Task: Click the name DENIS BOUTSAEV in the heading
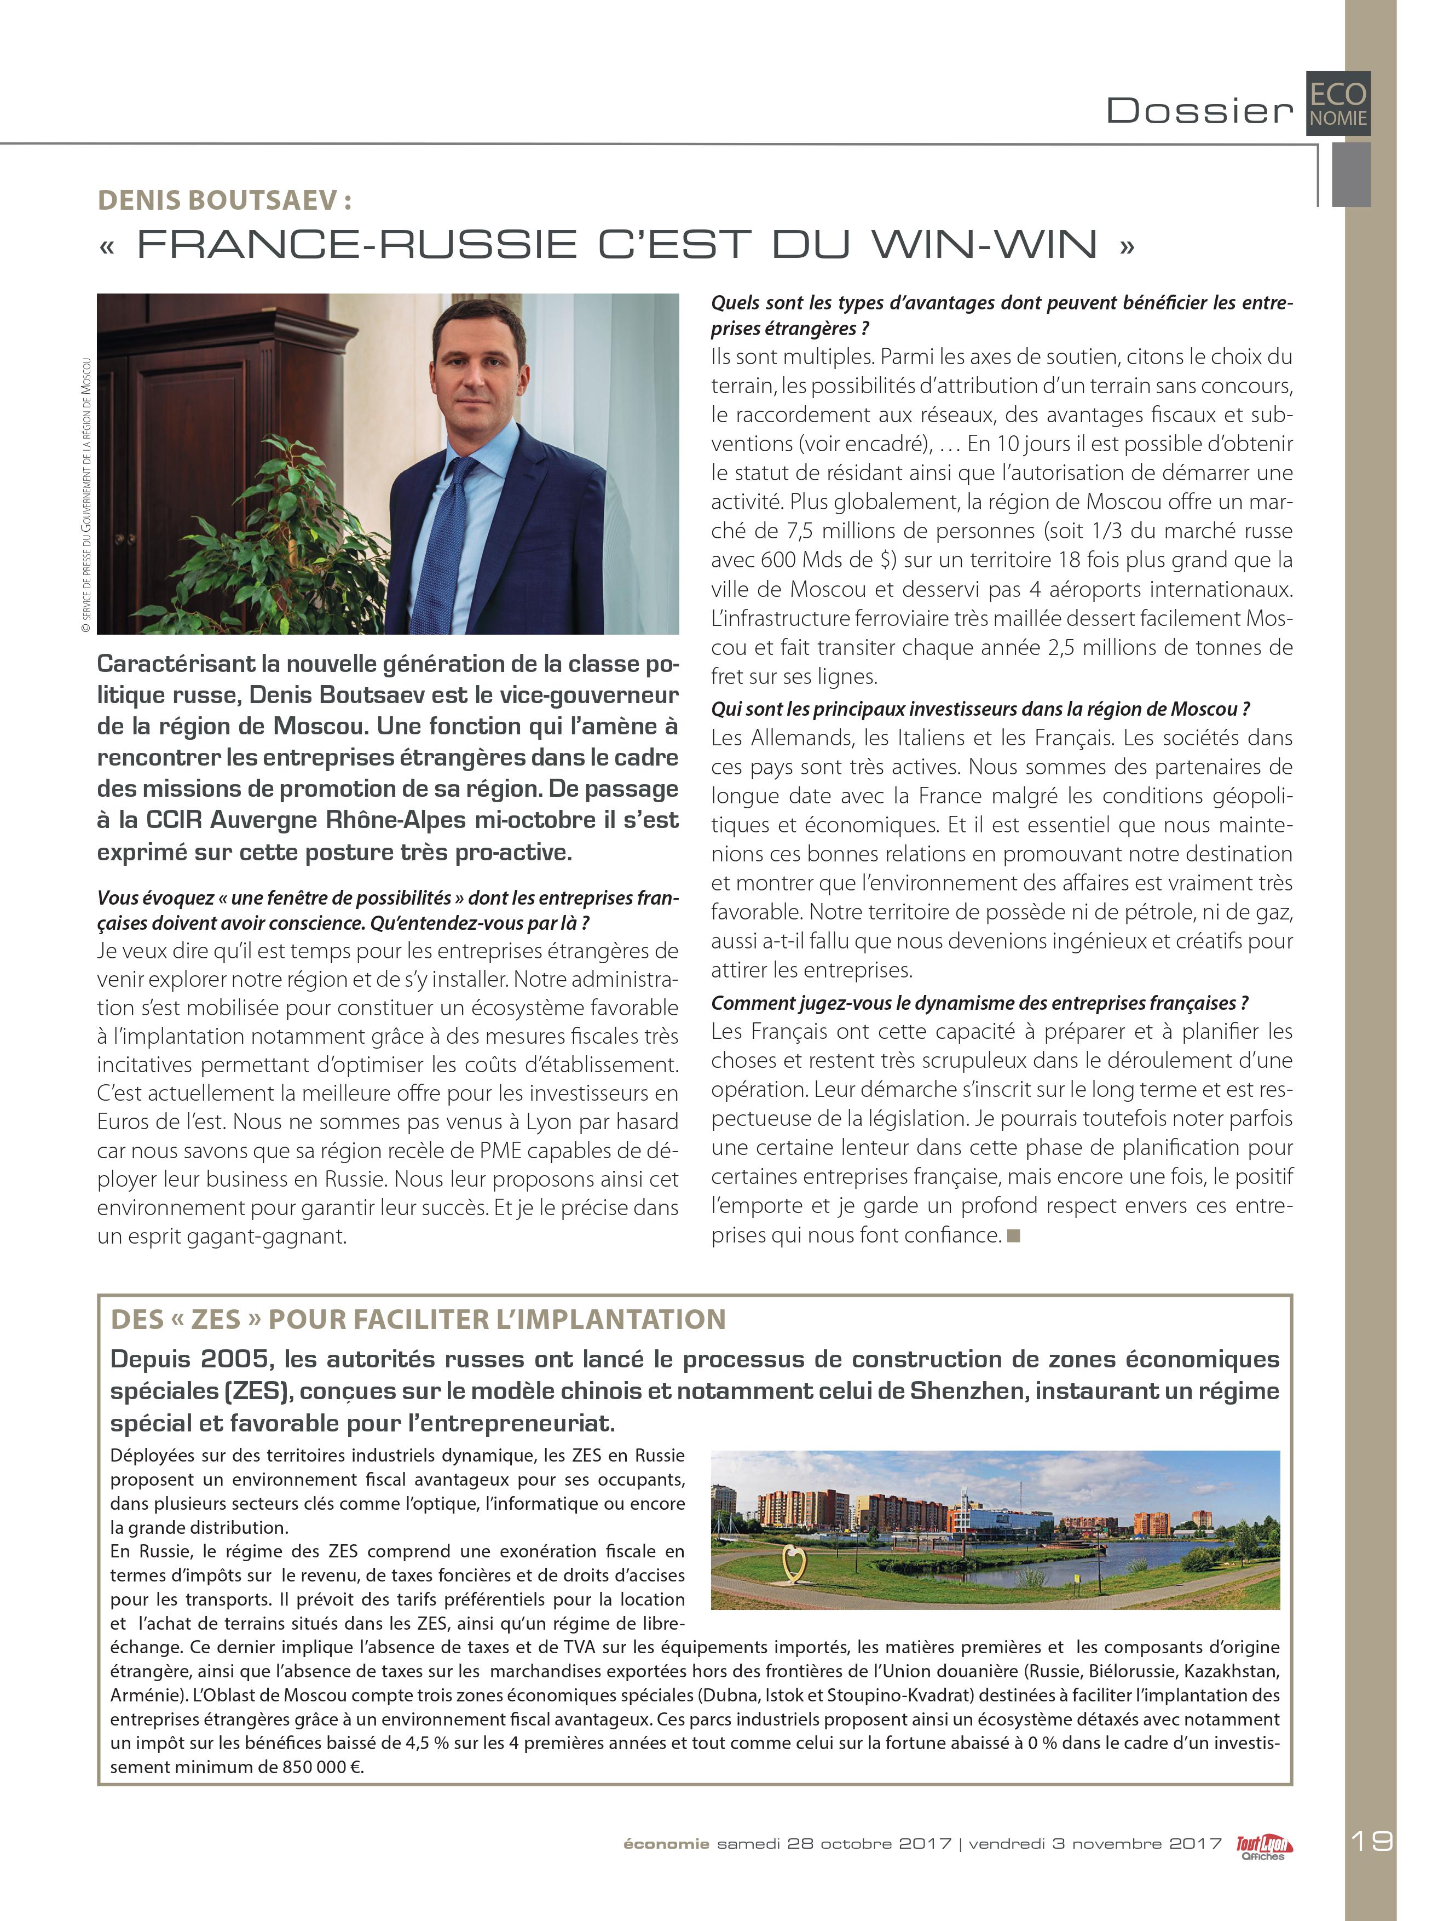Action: [x=217, y=200]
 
